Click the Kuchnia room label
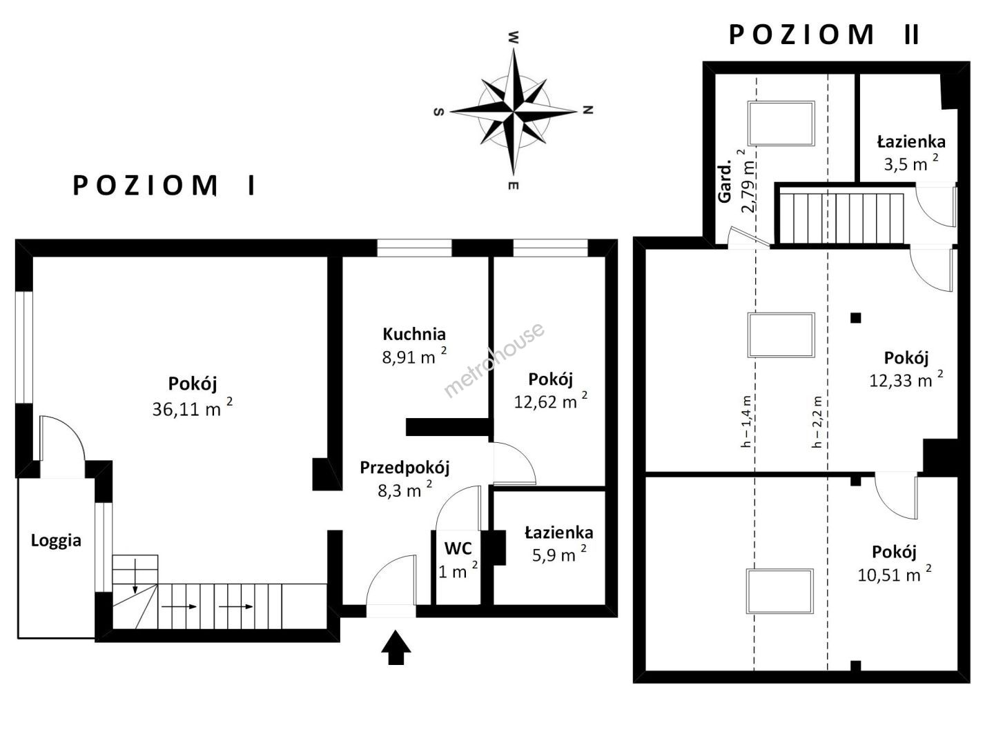[x=414, y=335]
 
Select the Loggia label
[x=56, y=541]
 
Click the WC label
[x=458, y=548]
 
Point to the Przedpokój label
[x=405, y=468]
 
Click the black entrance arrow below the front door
[x=396, y=647]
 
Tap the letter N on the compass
[x=588, y=110]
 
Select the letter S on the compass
[x=439, y=112]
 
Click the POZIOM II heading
[x=824, y=34]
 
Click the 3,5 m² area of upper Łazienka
[x=911, y=163]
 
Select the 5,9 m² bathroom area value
[x=559, y=554]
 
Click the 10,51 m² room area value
[x=895, y=575]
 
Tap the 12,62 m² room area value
[x=551, y=401]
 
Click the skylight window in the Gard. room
[x=781, y=123]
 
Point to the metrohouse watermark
[x=494, y=360]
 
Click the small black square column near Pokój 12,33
[x=855, y=318]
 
